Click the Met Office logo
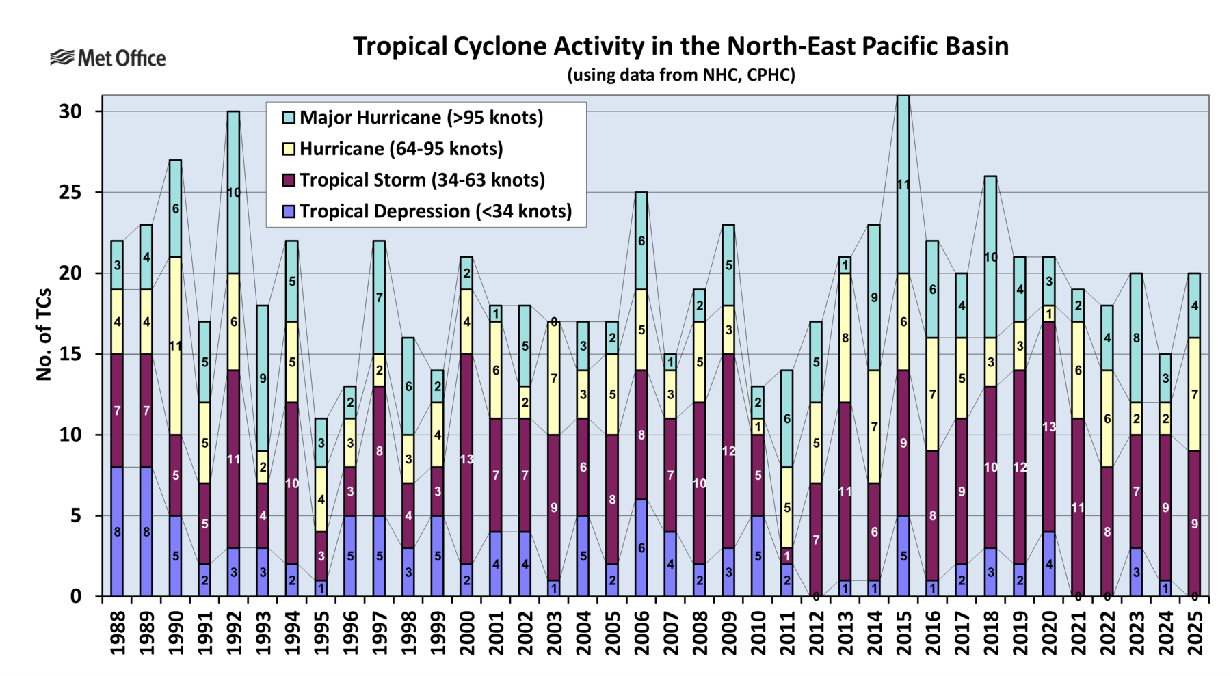tap(108, 58)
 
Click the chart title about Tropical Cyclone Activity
tap(680, 46)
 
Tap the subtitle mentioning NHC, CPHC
tap(680, 75)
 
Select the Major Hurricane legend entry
tap(421, 118)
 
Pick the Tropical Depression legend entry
tap(435, 211)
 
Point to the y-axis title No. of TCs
tap(44, 334)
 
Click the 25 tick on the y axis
tap(70, 193)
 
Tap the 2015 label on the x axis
tap(903, 633)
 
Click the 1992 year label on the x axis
tap(235, 633)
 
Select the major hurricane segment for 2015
tap(903, 185)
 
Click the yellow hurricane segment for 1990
tap(175, 346)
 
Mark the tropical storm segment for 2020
tap(1048, 427)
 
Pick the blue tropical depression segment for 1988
tap(117, 532)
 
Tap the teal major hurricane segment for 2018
tap(990, 257)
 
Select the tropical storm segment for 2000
tap(466, 459)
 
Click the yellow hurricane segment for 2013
tap(845, 338)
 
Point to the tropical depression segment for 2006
tap(641, 548)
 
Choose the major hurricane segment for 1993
tap(263, 378)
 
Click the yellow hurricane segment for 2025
tap(1194, 394)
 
